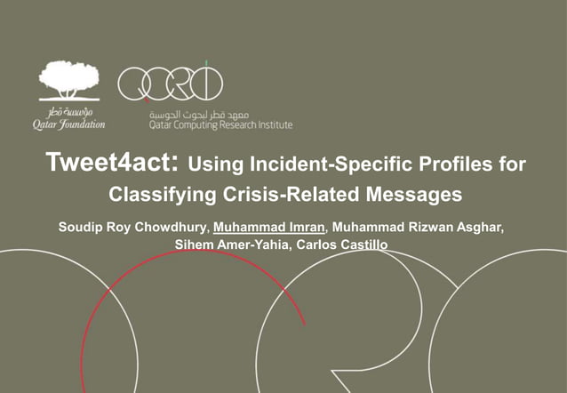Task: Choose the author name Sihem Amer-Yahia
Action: pyautogui.click(x=231, y=244)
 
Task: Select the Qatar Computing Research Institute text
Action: pyautogui.click(x=220, y=125)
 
